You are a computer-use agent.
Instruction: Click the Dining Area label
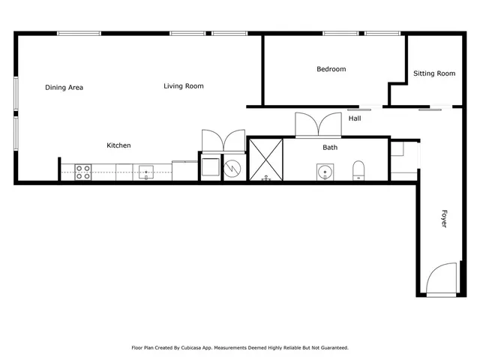coord(64,88)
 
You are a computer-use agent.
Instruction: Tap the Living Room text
coord(184,86)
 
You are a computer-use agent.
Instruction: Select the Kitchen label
coord(118,145)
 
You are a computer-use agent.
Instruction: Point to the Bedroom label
coord(331,70)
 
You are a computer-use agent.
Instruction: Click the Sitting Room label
coord(434,73)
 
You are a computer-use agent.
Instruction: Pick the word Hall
coord(355,118)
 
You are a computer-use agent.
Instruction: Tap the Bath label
coord(330,148)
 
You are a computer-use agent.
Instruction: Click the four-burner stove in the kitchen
coord(82,172)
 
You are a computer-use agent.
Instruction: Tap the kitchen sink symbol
coord(145,172)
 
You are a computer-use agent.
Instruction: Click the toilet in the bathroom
coord(358,170)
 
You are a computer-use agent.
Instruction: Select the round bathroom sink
coord(325,172)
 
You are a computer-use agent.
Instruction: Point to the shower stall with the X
coord(265,159)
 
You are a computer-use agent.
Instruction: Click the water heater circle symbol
coord(234,168)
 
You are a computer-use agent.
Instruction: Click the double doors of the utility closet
coord(223,141)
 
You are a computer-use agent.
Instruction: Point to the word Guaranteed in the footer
coord(332,348)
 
